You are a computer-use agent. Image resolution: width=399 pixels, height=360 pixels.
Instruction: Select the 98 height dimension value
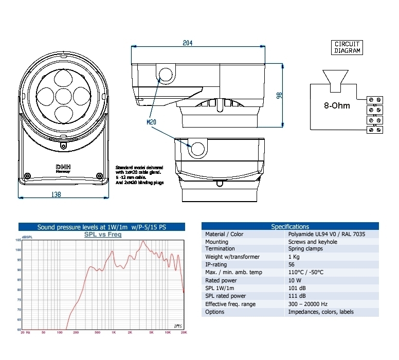coord(279,95)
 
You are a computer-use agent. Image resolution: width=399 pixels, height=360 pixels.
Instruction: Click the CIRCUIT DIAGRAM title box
coord(347,47)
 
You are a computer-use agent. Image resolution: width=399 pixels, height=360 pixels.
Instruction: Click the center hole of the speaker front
coord(63,96)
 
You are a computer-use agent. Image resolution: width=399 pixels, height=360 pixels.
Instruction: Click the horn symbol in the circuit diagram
coord(333,78)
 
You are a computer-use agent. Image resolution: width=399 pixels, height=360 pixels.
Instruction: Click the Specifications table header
coord(290,226)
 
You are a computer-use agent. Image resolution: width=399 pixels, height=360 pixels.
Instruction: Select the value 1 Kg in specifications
coord(294,257)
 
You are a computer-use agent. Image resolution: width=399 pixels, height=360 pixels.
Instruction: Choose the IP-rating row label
coord(216,265)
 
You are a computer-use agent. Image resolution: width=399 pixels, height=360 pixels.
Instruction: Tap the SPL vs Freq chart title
coord(103,235)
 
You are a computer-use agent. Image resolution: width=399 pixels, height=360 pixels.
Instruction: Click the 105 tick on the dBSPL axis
coord(19,240)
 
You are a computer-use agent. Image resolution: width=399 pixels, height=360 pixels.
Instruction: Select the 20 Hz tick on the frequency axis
coord(25,333)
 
